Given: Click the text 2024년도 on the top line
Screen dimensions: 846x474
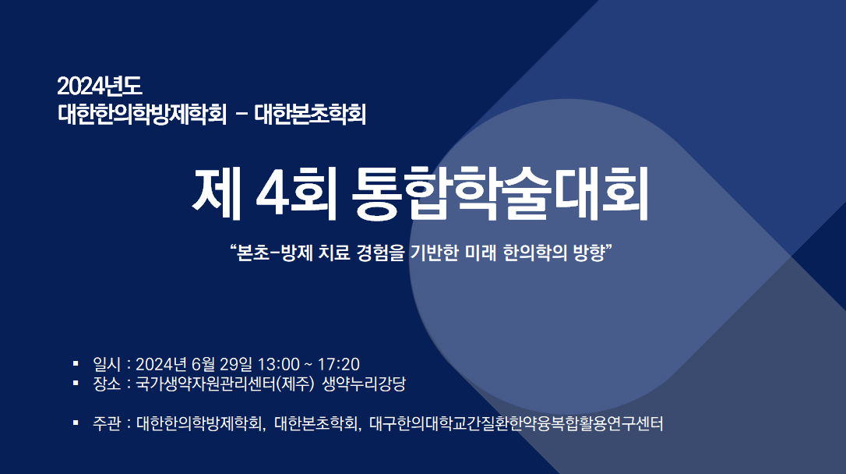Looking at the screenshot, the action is [99, 87].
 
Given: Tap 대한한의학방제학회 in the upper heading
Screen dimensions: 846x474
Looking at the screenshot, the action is [142, 114].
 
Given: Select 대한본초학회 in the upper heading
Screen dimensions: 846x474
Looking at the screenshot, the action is [310, 114].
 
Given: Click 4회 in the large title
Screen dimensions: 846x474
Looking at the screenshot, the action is [296, 193].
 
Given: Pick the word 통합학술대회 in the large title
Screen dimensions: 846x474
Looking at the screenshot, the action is [499, 193].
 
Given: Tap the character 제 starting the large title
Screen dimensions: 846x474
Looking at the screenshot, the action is [216, 193].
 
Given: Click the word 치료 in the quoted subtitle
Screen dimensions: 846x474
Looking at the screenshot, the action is [334, 252].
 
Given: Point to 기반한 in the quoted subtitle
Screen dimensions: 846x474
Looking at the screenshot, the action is [433, 252].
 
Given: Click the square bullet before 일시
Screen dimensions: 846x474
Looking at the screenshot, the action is [76, 363].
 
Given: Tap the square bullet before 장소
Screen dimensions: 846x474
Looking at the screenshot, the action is [76, 383].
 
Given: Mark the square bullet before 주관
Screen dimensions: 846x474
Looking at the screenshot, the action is [76, 423].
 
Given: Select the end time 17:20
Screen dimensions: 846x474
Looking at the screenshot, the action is [338, 364].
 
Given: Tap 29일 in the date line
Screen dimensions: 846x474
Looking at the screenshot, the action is [236, 364].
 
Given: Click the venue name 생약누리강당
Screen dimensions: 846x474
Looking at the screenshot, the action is [364, 384].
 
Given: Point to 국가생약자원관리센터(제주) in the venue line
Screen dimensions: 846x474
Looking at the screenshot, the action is [224, 384].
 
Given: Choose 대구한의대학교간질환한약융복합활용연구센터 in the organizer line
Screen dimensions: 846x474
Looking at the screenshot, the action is [516, 424].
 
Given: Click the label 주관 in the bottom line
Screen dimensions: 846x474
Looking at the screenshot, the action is [106, 424].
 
